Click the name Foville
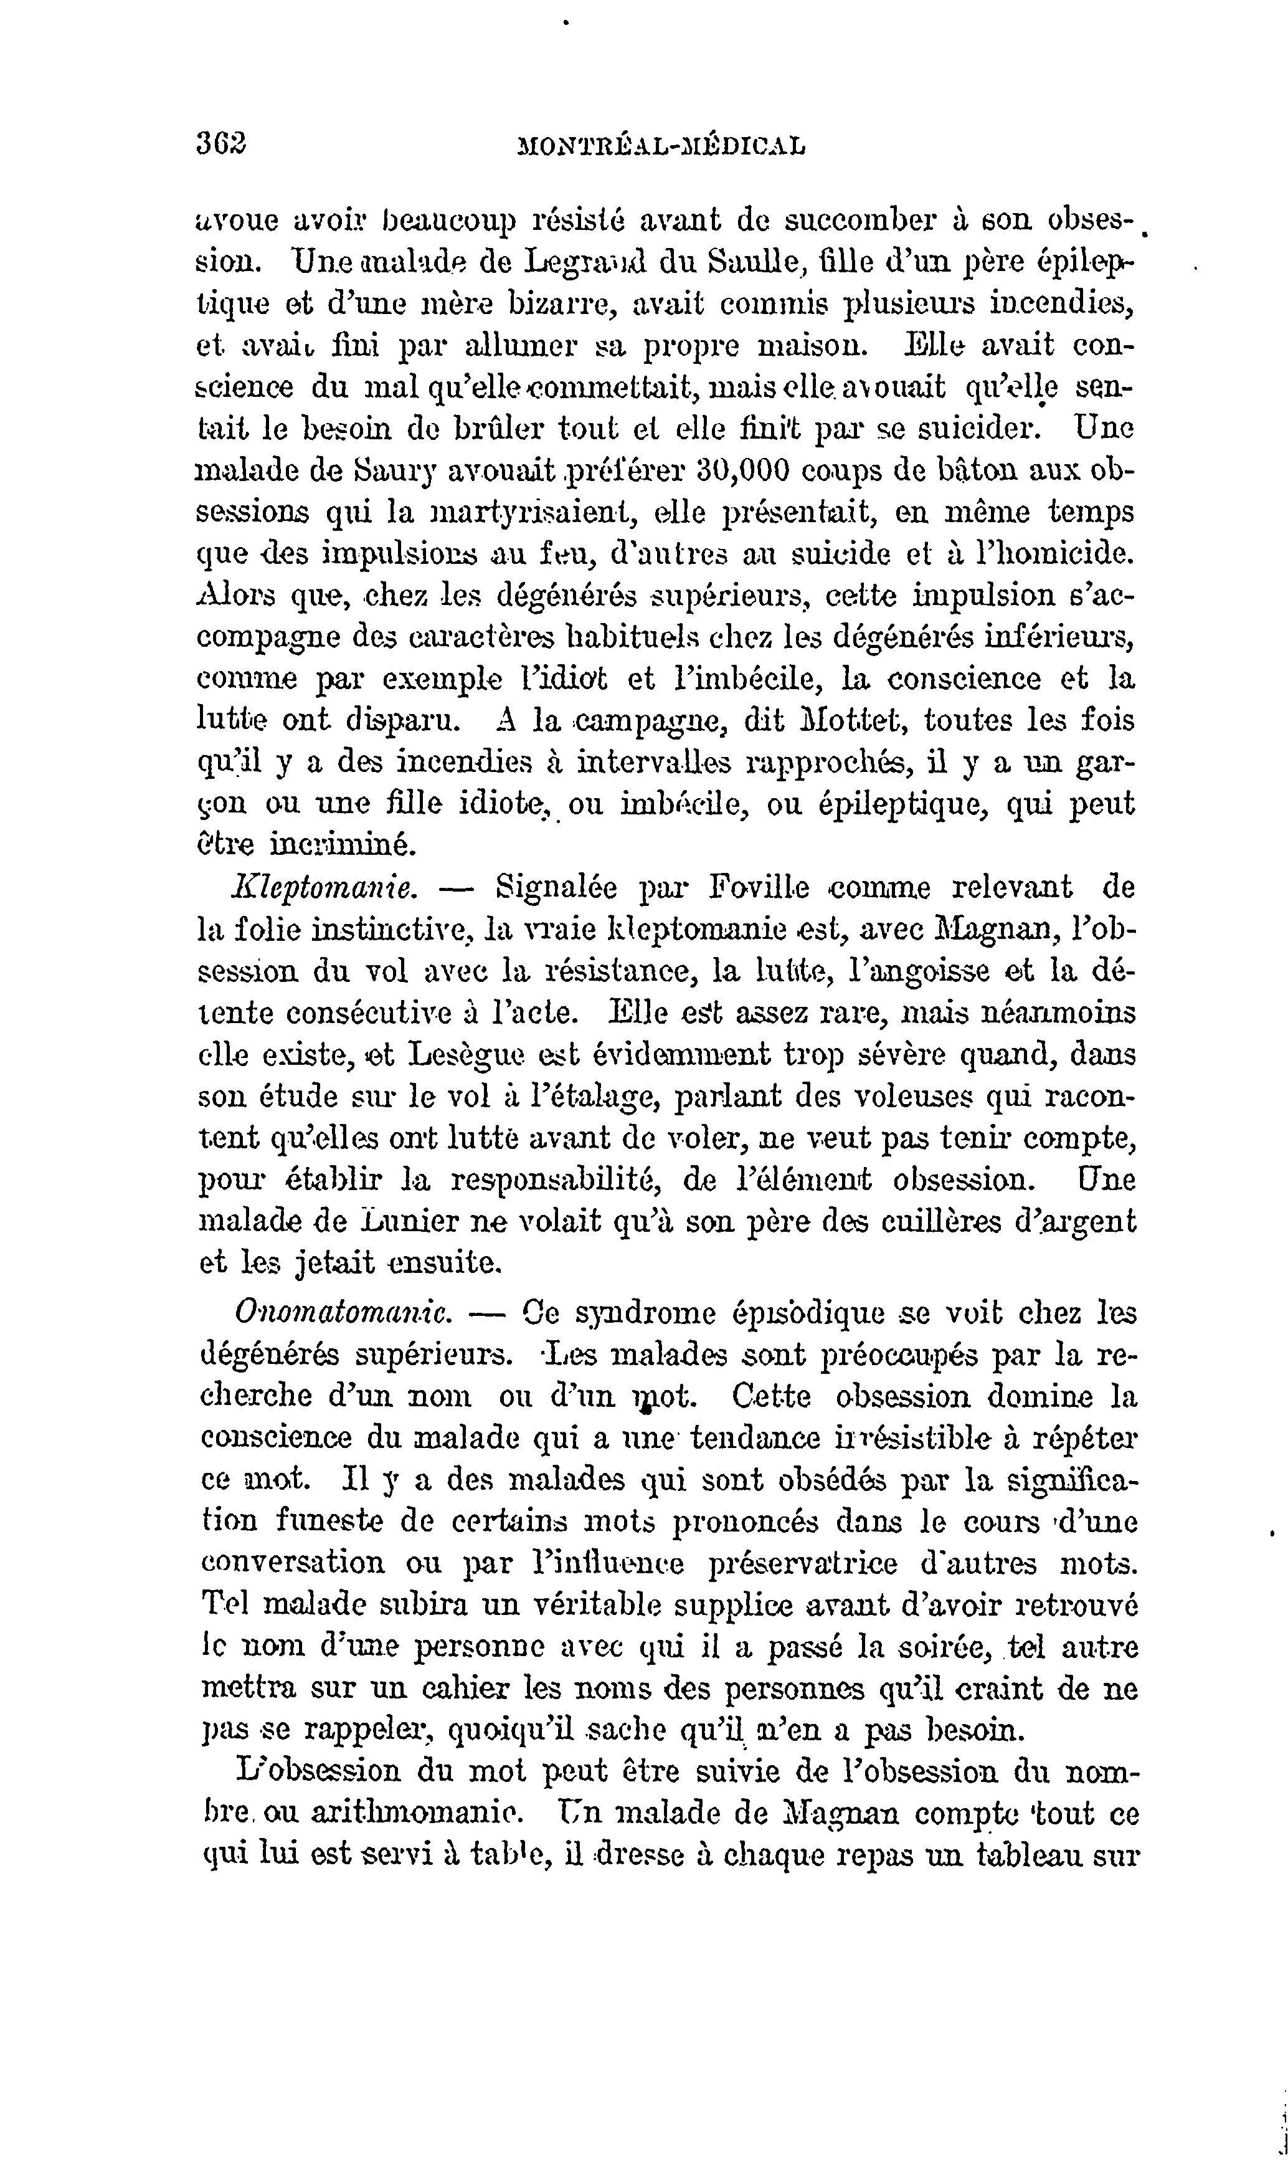(x=759, y=888)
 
